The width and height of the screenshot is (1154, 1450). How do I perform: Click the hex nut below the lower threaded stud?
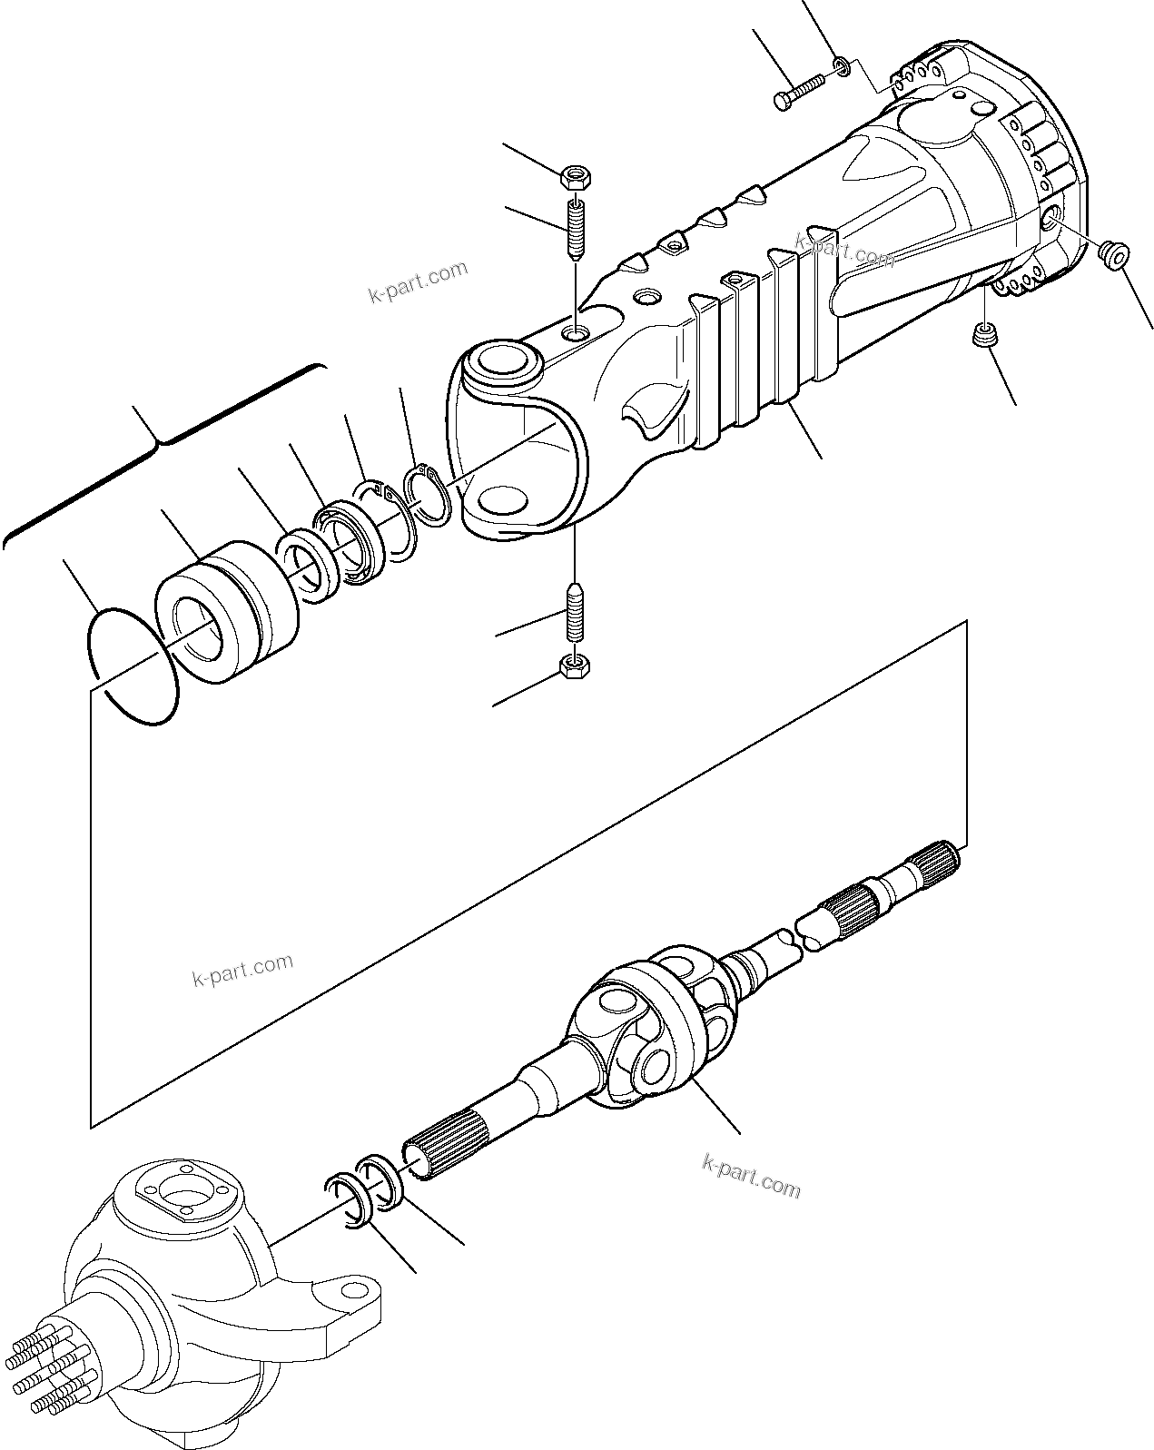[575, 667]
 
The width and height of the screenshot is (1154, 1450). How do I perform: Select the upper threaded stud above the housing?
[575, 230]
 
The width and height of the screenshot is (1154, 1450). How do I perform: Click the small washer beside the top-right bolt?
[843, 65]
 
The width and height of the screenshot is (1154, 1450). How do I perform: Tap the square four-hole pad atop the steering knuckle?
[185, 1197]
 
